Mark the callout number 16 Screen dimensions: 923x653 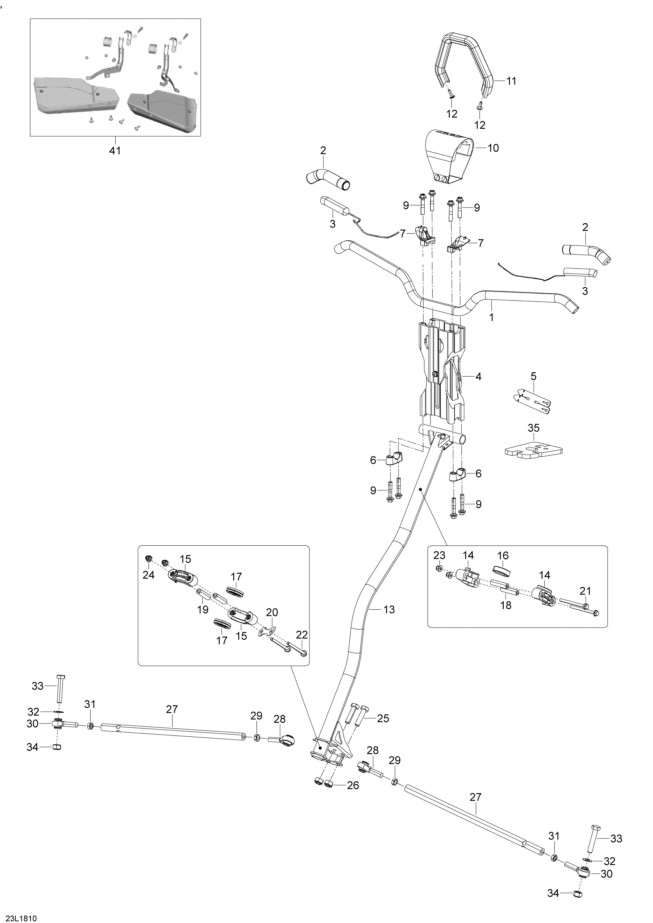pos(503,556)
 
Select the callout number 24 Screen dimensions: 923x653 pos(148,575)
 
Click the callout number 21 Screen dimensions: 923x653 pos(585,591)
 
